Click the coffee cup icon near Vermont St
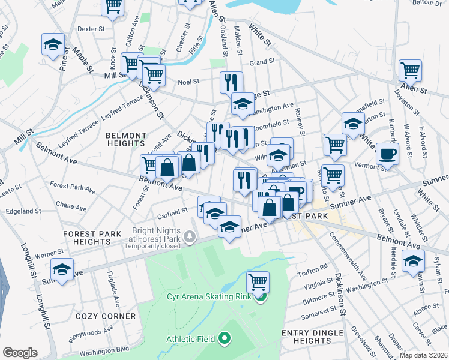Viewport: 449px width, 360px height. [388, 154]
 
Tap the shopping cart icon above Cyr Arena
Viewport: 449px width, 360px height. [258, 281]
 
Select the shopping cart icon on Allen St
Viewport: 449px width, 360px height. [410, 70]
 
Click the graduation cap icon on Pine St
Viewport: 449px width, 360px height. [53, 44]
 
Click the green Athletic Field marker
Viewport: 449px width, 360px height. [224, 339]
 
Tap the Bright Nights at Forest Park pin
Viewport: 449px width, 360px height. [190, 238]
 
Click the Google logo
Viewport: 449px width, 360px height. [20, 352]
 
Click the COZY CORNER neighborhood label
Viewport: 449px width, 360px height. [106, 316]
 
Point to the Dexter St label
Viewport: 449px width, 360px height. [91, 28]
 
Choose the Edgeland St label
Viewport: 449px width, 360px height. [23, 211]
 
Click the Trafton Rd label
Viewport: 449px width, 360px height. [315, 266]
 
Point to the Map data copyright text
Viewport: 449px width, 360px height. [424, 355]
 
